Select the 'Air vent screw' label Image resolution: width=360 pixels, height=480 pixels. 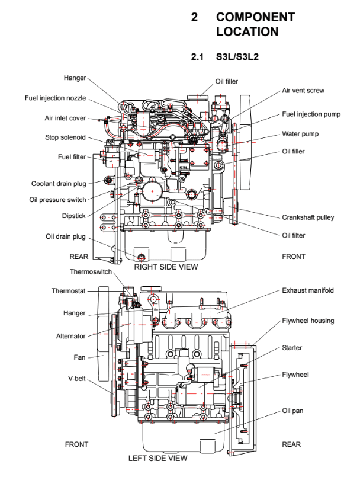303,91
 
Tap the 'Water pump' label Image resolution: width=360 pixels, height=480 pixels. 300,134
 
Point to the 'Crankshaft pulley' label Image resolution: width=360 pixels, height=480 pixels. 308,217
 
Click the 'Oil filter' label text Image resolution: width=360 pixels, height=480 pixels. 293,235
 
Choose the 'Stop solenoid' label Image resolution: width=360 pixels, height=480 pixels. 65,137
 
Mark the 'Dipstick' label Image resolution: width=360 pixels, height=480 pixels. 74,216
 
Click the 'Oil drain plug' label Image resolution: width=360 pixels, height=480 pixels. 66,236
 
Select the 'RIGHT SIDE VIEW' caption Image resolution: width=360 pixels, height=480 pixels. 166,267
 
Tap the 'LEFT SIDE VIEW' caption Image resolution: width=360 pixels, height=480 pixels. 157,458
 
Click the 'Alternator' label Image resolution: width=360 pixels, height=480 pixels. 70,336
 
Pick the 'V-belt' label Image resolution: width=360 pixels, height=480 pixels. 76,377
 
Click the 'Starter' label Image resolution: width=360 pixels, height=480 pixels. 292,348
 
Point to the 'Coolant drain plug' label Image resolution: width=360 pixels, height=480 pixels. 59,184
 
